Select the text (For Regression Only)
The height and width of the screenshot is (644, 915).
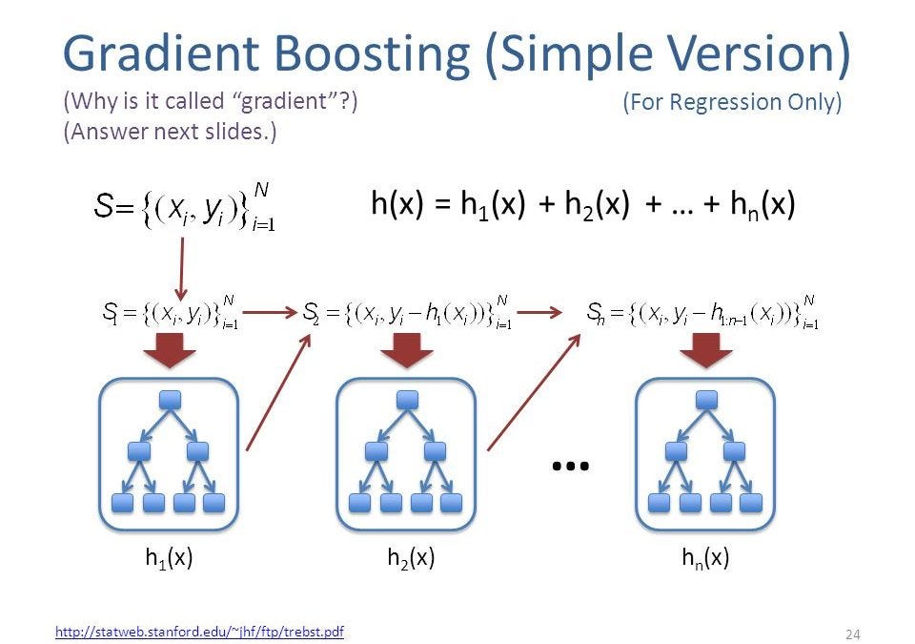(732, 102)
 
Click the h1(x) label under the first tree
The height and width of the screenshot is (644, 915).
(169, 559)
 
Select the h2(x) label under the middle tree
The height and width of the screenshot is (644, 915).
(411, 559)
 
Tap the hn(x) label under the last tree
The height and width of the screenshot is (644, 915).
(705, 559)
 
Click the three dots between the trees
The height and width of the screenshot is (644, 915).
(571, 466)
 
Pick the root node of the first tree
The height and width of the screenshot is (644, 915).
(170, 399)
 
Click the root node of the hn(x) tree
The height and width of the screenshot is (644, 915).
(706, 399)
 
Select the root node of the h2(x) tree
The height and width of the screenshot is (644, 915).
(407, 399)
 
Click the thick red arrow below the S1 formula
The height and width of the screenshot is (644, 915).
(169, 354)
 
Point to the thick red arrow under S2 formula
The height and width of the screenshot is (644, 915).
(407, 354)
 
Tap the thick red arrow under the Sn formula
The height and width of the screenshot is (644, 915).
(706, 354)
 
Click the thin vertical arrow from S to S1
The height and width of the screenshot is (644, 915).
(182, 268)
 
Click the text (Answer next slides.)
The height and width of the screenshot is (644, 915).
(170, 132)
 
